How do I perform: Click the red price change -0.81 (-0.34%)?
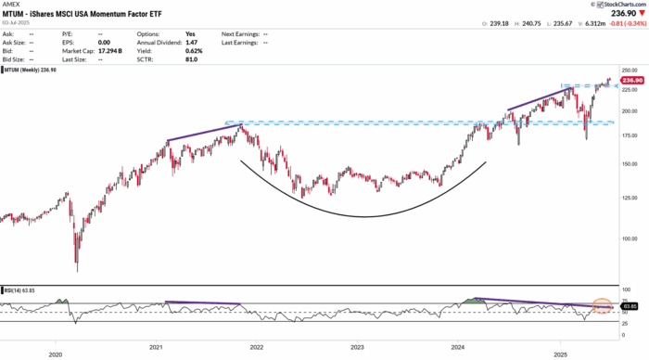pyautogui.click(x=623, y=23)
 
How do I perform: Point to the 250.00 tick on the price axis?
pyautogui.click(x=630, y=70)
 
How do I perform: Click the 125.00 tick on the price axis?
pyautogui.click(x=630, y=197)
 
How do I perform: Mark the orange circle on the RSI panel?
pyautogui.click(x=604, y=305)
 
